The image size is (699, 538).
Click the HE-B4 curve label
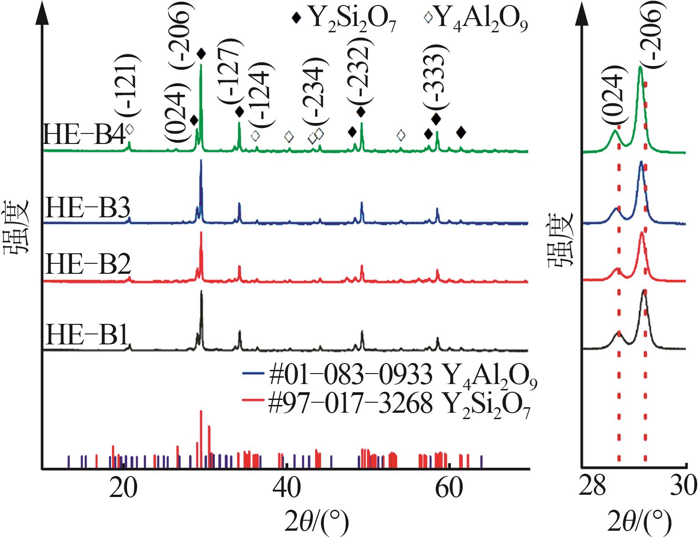pos(84,135)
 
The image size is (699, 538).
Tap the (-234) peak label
pos(314,94)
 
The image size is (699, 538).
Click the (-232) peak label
pos(360,73)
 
